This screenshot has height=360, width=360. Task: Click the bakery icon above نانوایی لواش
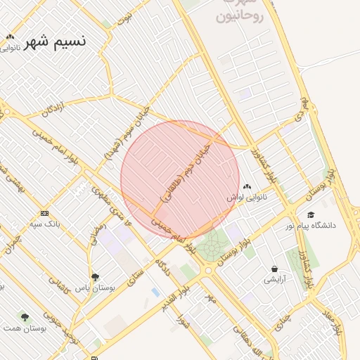click(246, 188)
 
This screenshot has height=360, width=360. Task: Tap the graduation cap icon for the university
click(311, 214)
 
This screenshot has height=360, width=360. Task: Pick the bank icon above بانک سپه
click(44, 213)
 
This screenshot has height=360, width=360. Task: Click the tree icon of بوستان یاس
click(96, 276)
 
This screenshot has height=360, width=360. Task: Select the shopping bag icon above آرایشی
click(274, 269)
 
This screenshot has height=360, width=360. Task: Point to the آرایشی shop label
click(274, 280)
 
